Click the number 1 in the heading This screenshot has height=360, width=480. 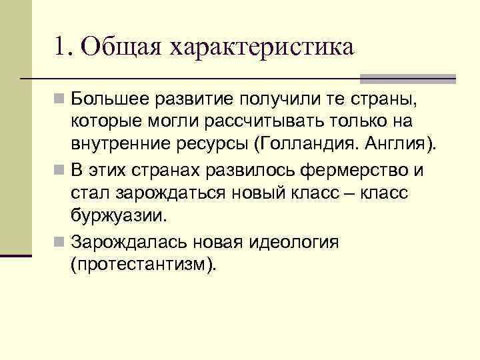(62, 48)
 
